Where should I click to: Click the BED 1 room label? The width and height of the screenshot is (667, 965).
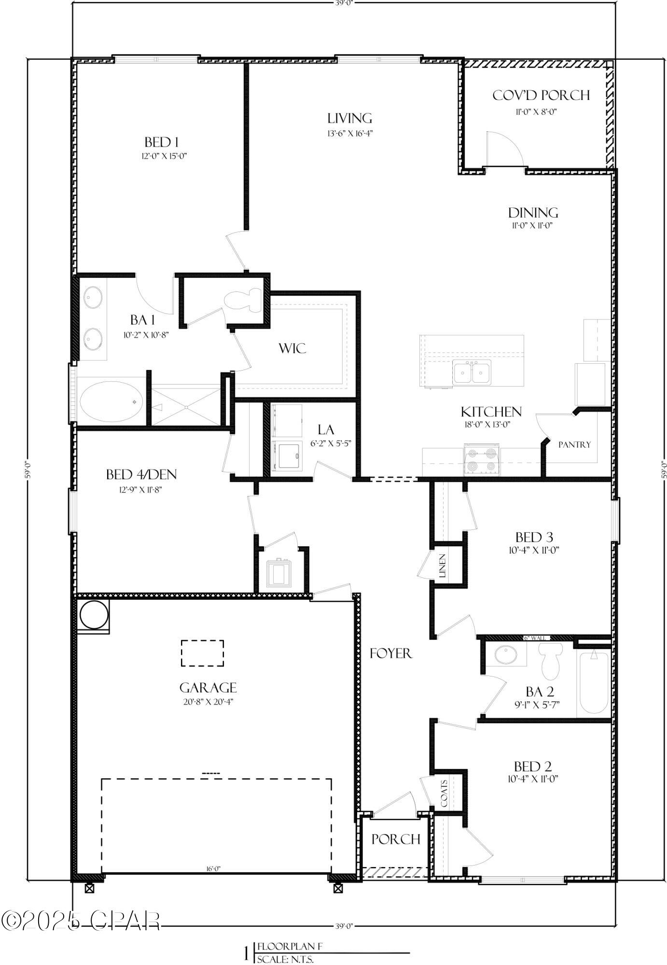pyautogui.click(x=161, y=142)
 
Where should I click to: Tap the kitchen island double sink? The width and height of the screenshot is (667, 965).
pyautogui.click(x=472, y=372)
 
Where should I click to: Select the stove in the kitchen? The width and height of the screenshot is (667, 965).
pyautogui.click(x=481, y=460)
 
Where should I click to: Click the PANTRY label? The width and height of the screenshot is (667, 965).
pyautogui.click(x=574, y=444)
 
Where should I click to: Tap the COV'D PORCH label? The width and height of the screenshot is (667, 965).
pyautogui.click(x=541, y=96)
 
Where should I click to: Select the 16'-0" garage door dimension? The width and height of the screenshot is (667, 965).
pyautogui.click(x=213, y=869)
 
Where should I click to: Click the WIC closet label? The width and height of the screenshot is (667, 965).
pyautogui.click(x=292, y=348)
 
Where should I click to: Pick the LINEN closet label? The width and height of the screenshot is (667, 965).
pyautogui.click(x=443, y=565)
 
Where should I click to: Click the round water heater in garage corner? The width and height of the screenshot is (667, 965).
pyautogui.click(x=92, y=615)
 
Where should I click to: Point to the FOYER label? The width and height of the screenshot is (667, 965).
pyautogui.click(x=391, y=653)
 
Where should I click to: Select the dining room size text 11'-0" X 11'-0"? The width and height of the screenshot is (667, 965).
pyautogui.click(x=533, y=225)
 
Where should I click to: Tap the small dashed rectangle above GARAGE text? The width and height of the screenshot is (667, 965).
pyautogui.click(x=202, y=653)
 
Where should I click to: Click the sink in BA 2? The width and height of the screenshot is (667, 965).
pyautogui.click(x=506, y=654)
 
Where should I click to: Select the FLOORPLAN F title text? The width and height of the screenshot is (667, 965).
pyautogui.click(x=290, y=946)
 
